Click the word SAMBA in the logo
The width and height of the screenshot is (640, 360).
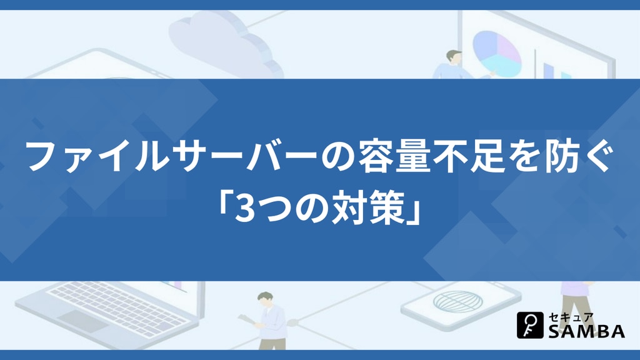click(586, 331)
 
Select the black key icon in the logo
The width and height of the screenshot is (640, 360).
click(530, 325)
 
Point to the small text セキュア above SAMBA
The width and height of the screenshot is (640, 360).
click(571, 317)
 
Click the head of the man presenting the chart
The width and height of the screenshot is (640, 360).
click(453, 57)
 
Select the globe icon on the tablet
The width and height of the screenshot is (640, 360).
click(457, 301)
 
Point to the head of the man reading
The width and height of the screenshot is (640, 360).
click(265, 299)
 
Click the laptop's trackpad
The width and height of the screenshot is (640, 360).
click(83, 321)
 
